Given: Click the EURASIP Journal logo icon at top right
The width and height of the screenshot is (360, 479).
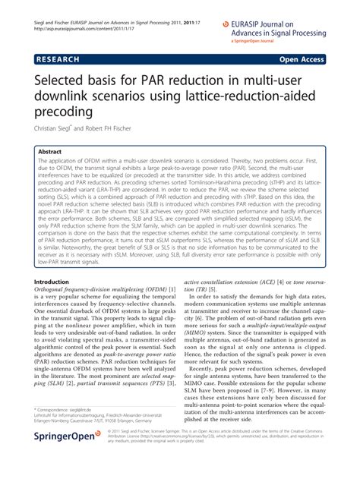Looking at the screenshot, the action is point(226,24).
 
